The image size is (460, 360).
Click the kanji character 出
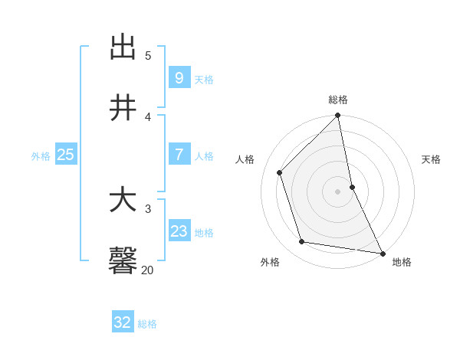123,47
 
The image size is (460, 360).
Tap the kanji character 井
123,109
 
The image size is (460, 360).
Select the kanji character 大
123,201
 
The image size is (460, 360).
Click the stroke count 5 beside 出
148,55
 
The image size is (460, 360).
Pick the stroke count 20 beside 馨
147,270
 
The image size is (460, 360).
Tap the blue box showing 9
179,77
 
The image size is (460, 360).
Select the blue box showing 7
179,154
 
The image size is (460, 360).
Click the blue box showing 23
179,231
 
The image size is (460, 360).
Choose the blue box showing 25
66,154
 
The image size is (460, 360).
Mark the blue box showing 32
123,322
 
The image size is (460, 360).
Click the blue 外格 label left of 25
41,155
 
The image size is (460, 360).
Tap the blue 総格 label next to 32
147,324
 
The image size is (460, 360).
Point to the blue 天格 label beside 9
204,79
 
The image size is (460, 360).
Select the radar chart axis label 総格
338,100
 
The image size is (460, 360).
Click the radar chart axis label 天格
432,159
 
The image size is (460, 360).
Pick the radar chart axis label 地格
402,262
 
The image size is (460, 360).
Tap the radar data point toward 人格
280,172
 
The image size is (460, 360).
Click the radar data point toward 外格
302,242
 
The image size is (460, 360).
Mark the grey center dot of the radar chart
338,191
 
